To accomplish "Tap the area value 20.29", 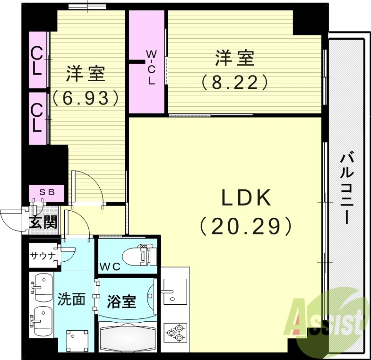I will (x=245, y=227).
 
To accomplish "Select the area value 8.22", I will (x=235, y=83).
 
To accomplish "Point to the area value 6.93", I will (x=85, y=98).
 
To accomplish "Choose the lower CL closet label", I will (x=37, y=118).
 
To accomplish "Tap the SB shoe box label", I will (x=47, y=192).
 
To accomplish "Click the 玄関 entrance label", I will (x=43, y=222).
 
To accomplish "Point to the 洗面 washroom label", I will (x=71, y=299).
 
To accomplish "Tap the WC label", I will (x=110, y=266).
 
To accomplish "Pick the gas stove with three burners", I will (x=175, y=332).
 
